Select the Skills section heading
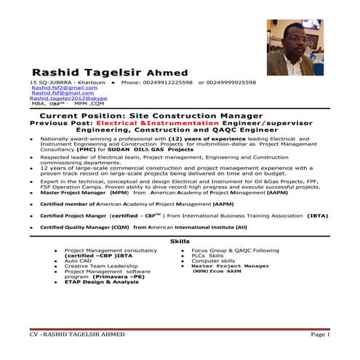coord(180,241)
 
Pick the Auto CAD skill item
coord(77,260)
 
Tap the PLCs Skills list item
coord(207,255)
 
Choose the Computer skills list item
coord(213,260)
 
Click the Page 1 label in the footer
coord(320,334)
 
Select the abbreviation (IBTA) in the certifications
coord(317,215)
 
